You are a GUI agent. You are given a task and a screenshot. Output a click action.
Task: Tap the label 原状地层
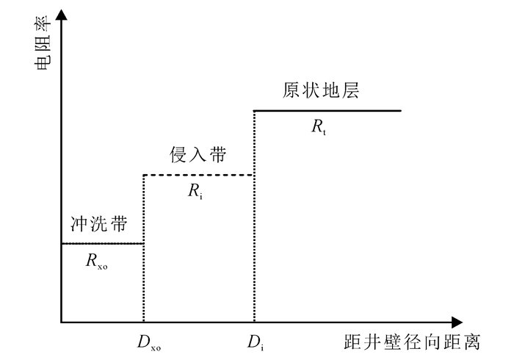click(x=324, y=90)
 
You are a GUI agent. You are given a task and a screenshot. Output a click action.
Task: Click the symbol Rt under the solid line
click(x=319, y=127)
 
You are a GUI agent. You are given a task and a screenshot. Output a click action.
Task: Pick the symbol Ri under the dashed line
click(x=195, y=192)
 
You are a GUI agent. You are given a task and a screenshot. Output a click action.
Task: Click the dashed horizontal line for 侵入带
click(x=198, y=175)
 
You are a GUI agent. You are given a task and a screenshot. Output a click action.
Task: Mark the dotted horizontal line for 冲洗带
click(x=102, y=243)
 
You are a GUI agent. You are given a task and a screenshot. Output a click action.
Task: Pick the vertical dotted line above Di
click(x=254, y=220)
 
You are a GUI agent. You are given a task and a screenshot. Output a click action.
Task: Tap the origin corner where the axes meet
click(x=62, y=323)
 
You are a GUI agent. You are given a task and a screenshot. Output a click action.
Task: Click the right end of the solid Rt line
click(x=401, y=110)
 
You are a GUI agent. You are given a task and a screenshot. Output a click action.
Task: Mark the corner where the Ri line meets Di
click(x=254, y=175)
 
